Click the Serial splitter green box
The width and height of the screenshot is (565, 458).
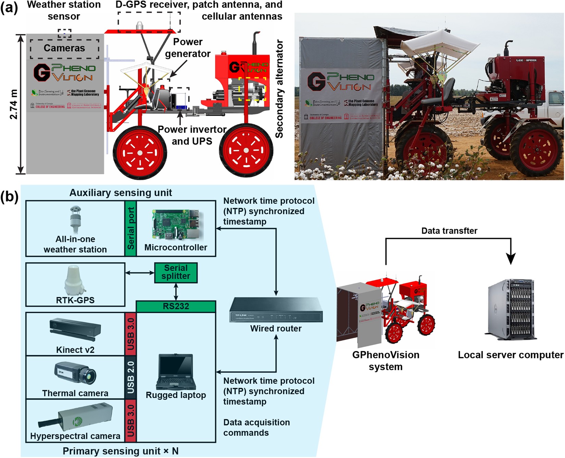tap(176, 272)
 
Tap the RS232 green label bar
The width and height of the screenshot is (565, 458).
tap(176, 306)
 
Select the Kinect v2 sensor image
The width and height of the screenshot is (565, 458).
tap(75, 330)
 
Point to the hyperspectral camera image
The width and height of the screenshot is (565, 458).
tap(76, 417)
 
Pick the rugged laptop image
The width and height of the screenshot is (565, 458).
tap(176, 372)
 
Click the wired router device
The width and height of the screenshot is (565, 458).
tap(276, 310)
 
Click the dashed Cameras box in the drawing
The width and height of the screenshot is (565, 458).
tap(64, 48)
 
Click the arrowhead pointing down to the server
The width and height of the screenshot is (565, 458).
tap(511, 259)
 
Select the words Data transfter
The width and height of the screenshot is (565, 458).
tap(449, 231)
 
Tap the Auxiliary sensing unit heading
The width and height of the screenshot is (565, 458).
tap(121, 193)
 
